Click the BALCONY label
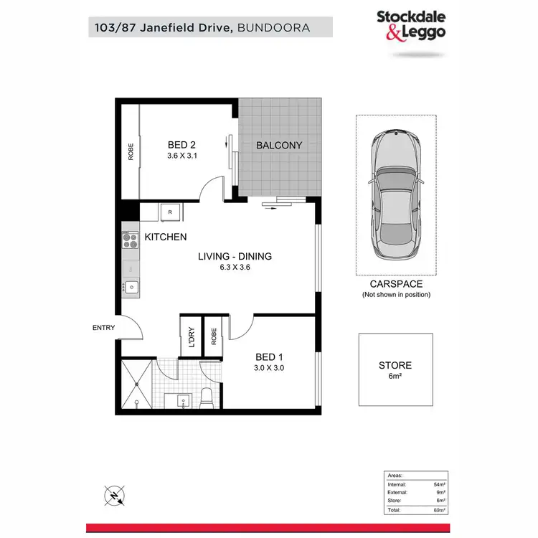point(279,145)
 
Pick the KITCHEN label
point(166,237)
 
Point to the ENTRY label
point(103,328)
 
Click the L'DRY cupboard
point(191,336)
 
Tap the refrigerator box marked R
point(169,212)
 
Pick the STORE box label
point(395,365)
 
